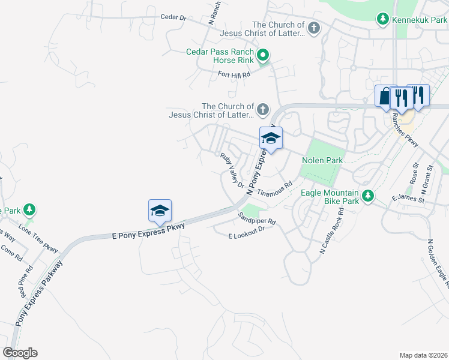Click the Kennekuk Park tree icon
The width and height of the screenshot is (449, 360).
(x=382, y=20)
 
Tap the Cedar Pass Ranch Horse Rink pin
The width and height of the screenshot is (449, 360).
(x=262, y=56)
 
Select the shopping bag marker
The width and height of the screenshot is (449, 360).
(x=384, y=97)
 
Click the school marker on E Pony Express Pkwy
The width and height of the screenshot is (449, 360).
(x=160, y=211)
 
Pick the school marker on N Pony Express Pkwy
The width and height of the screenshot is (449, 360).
(x=271, y=139)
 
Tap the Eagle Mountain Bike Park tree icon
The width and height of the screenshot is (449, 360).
(x=367, y=196)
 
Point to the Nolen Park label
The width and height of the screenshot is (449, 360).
(x=322, y=160)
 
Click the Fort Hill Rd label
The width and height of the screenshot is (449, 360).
(x=234, y=74)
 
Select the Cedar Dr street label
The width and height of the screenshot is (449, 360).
(x=173, y=17)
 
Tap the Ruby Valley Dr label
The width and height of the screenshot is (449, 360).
(x=232, y=170)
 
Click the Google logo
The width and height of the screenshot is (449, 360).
(x=20, y=353)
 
